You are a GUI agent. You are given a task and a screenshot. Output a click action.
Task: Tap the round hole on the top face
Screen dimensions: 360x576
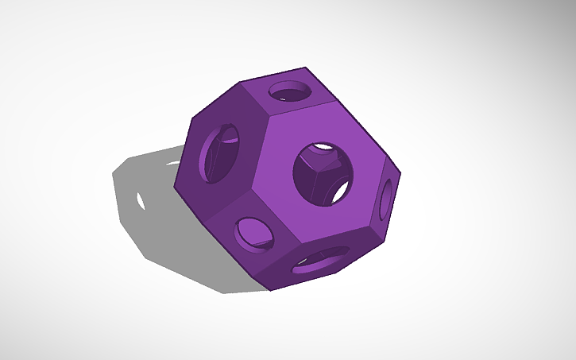pos(290,91)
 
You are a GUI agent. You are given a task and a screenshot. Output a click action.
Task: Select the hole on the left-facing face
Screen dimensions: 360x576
pos(220,153)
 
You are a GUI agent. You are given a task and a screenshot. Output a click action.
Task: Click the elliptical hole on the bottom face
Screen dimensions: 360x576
pos(320,260)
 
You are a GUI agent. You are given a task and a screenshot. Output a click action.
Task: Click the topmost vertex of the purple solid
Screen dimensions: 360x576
pos(305,68)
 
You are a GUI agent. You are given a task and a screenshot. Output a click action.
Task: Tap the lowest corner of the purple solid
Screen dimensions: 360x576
pos(271,290)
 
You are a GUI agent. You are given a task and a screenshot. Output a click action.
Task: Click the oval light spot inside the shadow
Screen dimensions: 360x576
pos(141,198)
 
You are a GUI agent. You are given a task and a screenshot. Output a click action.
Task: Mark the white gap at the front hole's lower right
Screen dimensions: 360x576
pos(341,192)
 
